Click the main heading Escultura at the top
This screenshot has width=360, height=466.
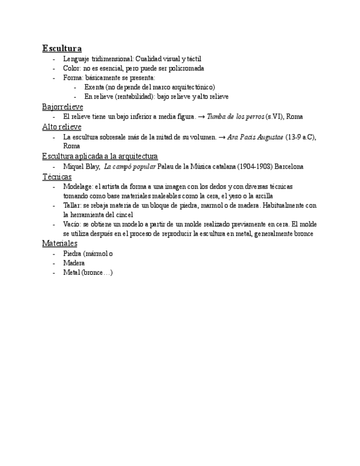coord(62,48)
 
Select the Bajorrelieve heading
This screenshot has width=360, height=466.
coord(63,107)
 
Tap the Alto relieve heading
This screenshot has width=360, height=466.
coord(62,127)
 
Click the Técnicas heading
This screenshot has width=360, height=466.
coord(57,177)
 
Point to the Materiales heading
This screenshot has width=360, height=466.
coord(59,243)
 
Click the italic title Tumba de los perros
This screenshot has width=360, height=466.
coord(235,117)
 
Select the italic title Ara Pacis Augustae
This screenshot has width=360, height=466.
coord(255,137)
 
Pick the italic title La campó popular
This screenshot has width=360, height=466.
coord(130,167)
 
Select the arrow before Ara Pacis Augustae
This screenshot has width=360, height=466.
coord(222,137)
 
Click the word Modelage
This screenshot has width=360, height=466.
coord(77,187)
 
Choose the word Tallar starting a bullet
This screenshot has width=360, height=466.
coord(72,206)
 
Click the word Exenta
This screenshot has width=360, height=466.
coord(94,87)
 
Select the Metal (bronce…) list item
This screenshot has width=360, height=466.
coord(88,273)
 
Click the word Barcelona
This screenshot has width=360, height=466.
coord(289,167)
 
